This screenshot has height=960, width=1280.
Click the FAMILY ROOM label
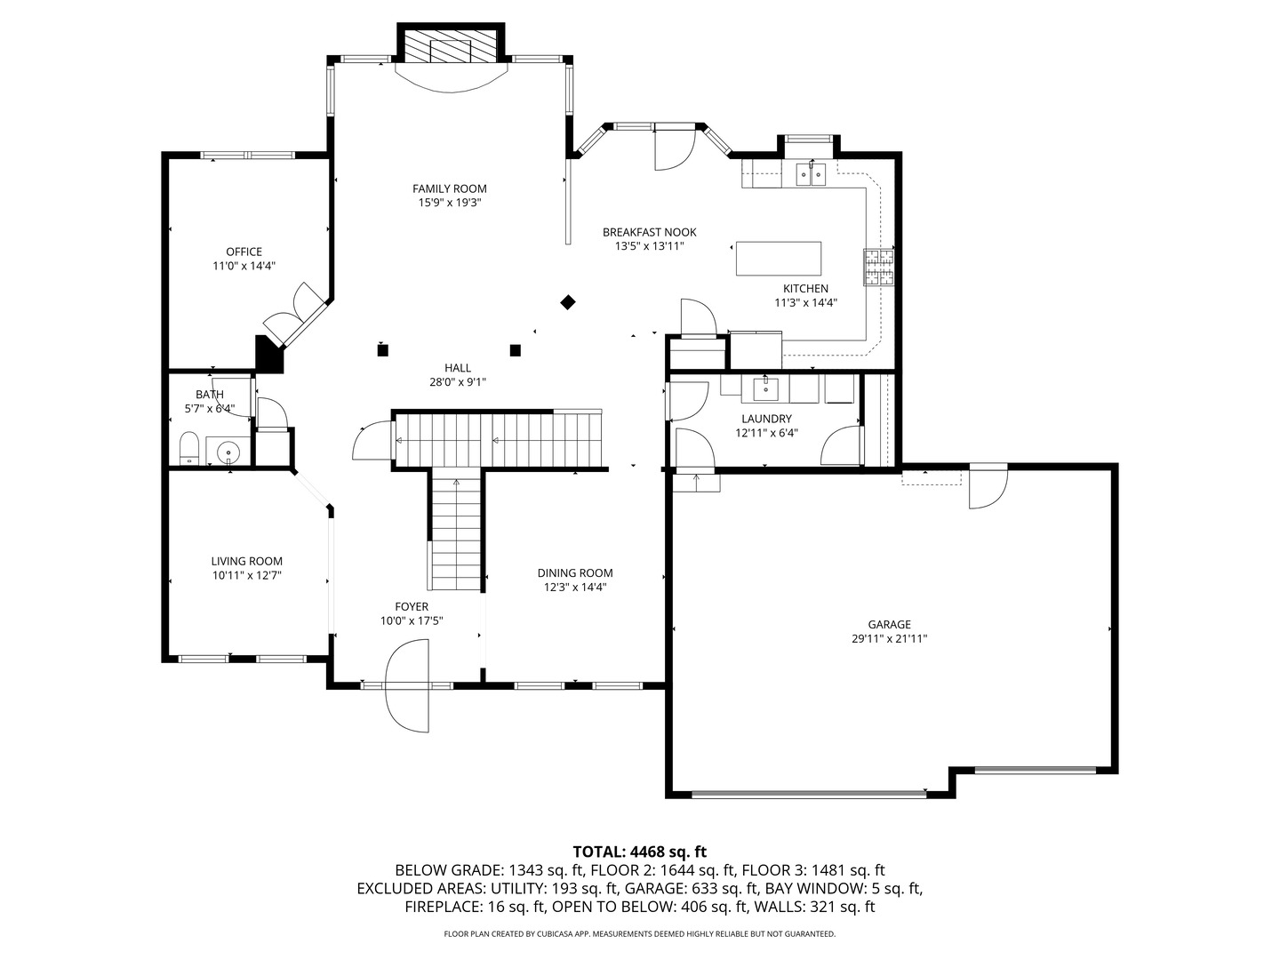tap(449, 188)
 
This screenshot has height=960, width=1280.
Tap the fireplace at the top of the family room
tap(450, 43)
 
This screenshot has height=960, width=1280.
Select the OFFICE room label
tap(244, 252)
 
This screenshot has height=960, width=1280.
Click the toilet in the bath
tap(189, 448)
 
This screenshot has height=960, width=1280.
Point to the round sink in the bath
tap(228, 452)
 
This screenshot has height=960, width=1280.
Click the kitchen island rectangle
tap(779, 258)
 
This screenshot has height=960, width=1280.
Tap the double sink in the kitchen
tap(812, 173)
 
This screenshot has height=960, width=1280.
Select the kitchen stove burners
tap(879, 267)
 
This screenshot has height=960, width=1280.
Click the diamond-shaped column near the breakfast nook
tap(568, 302)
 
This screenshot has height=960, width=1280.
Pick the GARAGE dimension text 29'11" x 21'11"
tap(889, 638)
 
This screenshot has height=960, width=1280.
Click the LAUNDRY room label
tap(766, 419)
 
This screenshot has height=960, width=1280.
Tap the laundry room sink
tap(765, 388)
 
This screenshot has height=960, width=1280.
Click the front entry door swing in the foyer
tap(407, 686)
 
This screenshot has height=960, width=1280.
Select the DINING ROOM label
tap(575, 573)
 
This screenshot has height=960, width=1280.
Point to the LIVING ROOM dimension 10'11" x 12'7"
tap(247, 575)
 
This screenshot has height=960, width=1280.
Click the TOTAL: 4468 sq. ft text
tap(640, 852)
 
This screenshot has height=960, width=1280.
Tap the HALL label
tap(458, 368)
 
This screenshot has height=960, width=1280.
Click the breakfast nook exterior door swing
tap(675, 147)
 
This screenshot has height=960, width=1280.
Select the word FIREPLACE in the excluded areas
tap(444, 907)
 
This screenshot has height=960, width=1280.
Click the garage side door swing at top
tap(988, 487)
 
